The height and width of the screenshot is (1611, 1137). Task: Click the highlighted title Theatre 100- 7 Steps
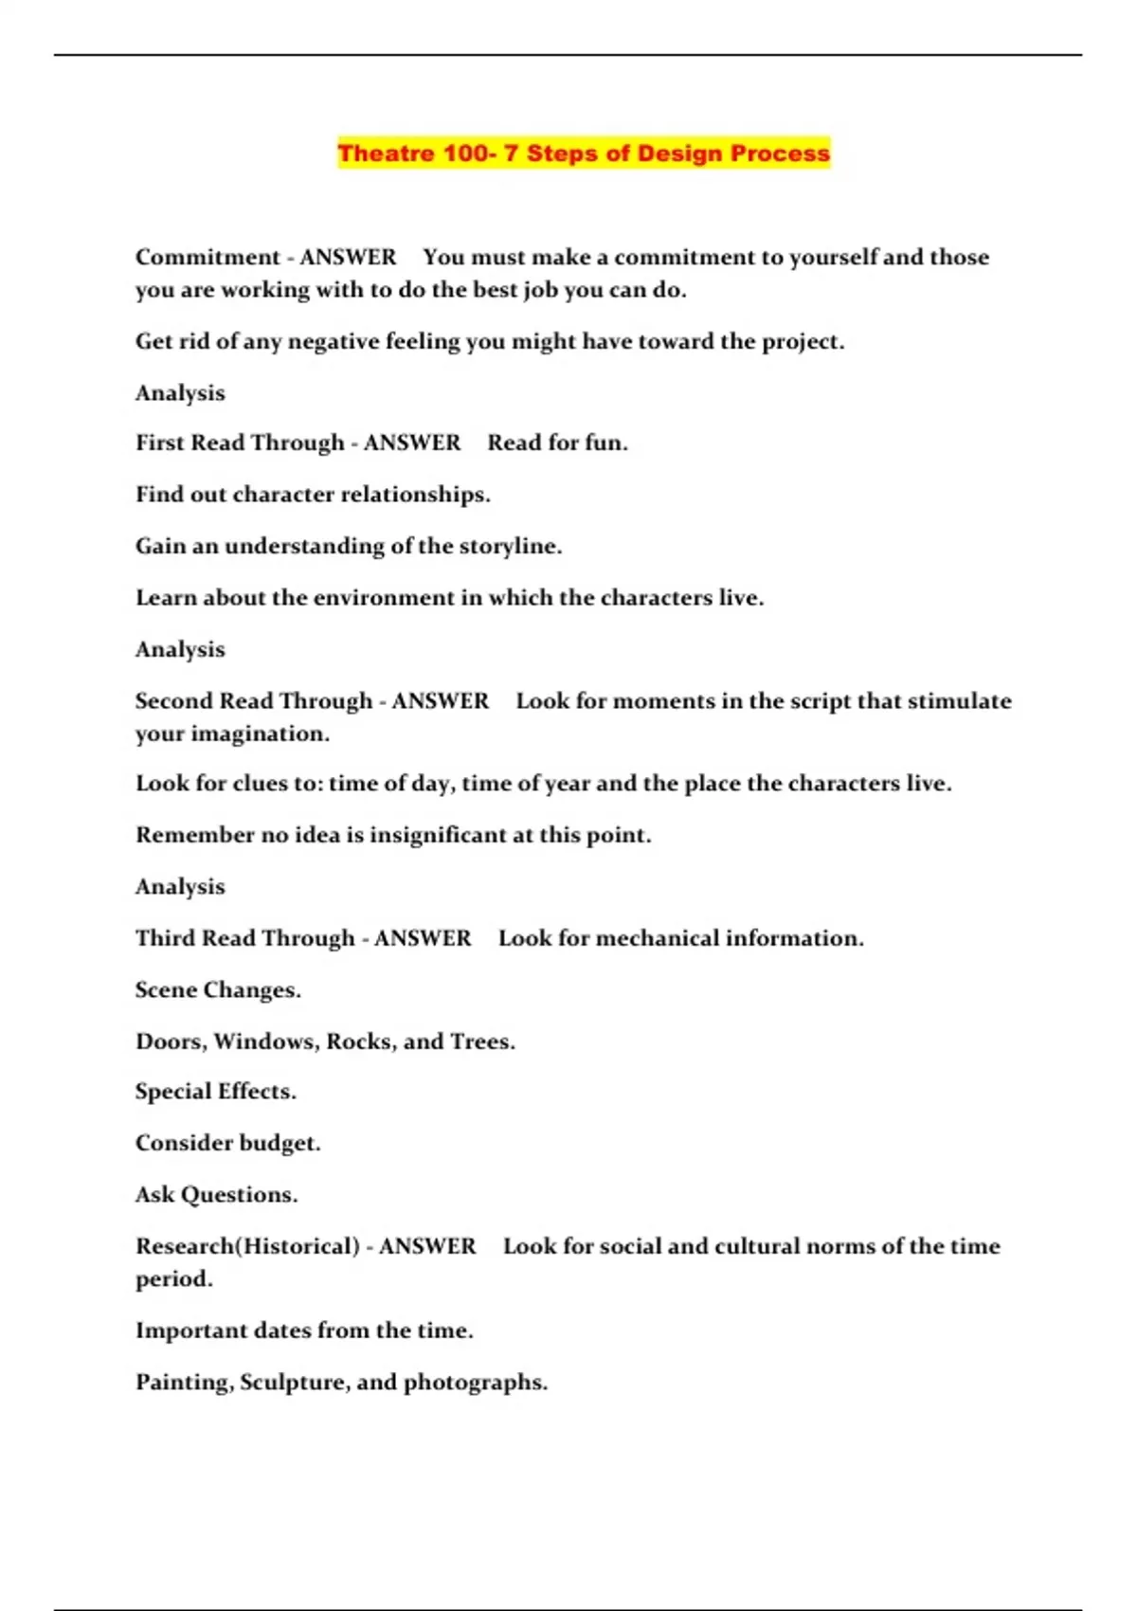(584, 154)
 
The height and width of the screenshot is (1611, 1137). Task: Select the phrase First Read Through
(240, 443)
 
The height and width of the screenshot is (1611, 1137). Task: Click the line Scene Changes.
(218, 990)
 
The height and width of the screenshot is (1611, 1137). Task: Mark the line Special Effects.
(215, 1092)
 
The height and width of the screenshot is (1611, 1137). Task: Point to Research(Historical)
(247, 1246)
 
